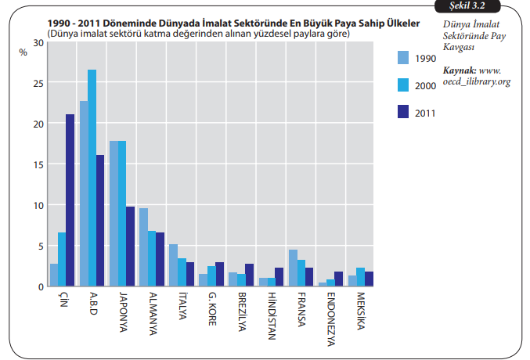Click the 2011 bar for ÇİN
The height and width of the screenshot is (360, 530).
point(70,200)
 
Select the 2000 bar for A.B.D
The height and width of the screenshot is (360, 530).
point(92,178)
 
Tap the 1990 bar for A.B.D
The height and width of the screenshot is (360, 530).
point(84,193)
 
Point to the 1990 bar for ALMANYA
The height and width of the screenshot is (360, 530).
point(143,247)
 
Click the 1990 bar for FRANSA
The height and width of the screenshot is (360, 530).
point(293,268)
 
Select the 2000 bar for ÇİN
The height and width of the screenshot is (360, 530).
point(62,259)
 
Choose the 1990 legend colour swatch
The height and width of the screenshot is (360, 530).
point(403,57)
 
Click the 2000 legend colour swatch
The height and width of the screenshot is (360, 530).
point(403,85)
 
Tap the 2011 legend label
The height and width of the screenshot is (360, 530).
point(426,112)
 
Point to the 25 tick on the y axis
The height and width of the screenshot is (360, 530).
point(39,82)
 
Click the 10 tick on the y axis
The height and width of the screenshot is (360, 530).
point(39,205)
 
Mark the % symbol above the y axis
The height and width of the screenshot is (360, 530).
point(23,51)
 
